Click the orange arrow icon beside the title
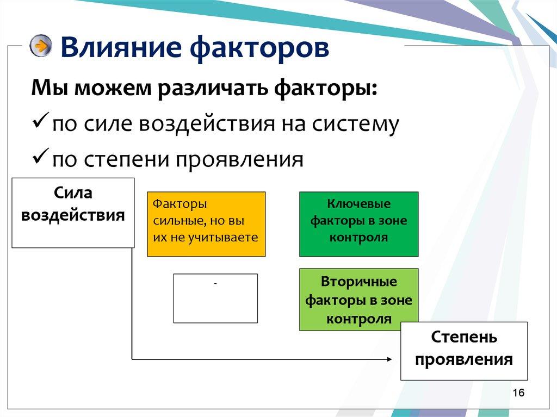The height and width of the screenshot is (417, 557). tap(41, 46)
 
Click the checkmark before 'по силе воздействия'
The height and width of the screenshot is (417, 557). tap(41, 123)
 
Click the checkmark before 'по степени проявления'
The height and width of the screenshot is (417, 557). tap(41, 159)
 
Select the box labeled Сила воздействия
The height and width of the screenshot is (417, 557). tap(73, 213)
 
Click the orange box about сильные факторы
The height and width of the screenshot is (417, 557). tap(206, 223)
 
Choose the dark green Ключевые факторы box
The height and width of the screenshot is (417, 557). tap(358, 223)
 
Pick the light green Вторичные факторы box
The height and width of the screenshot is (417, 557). tap(358, 299)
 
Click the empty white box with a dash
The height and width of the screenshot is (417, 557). tap(215, 298)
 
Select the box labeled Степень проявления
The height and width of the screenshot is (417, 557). tap(464, 351)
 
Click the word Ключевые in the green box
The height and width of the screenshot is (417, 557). tap(358, 204)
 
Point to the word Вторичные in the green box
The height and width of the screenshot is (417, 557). tap(358, 282)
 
